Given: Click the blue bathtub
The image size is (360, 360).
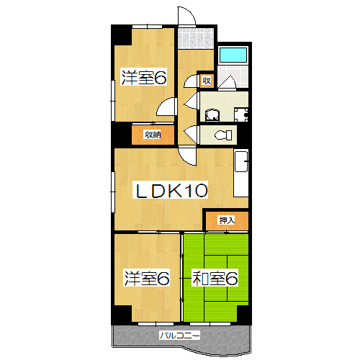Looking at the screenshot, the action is tap(233, 55).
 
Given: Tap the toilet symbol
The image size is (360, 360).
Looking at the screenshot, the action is tap(223, 135).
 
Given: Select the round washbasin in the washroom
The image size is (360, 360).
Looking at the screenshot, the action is tap(212, 114).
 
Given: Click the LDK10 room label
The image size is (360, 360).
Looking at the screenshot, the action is tap(170, 190).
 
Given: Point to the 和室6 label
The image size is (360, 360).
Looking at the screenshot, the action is tap(215, 278).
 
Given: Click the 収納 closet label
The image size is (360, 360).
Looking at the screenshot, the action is tap(153, 135).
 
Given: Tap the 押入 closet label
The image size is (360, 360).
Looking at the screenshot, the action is tap(227, 220).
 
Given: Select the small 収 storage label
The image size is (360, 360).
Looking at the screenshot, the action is tap(207, 81).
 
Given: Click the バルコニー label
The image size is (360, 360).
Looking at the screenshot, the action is tap(180, 336).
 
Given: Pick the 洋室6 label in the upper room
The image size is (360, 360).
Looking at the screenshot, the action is tap(144, 77).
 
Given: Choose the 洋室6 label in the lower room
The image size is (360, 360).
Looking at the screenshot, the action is tap(147, 278).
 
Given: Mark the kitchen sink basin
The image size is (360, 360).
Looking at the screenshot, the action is tap(241, 162).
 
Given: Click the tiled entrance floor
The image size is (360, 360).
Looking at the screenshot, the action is tap(196, 38).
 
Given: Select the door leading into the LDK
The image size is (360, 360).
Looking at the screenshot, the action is tap(187, 156).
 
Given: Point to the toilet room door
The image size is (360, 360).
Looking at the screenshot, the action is tap(192, 135).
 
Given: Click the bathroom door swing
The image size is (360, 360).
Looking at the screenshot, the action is tap(228, 82).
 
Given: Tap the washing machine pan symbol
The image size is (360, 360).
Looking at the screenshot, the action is tap(241, 114).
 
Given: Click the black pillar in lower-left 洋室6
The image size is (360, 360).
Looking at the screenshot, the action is tap(122, 314).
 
